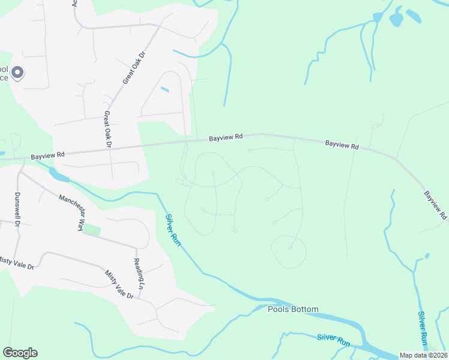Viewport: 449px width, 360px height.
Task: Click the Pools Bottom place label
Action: (x=293, y=310)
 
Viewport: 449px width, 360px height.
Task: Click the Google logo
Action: (x=20, y=353)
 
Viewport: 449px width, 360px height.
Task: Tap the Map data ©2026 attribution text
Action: (x=423, y=355)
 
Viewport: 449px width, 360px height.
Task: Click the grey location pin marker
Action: (x=17, y=73)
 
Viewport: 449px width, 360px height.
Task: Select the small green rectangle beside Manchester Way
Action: (x=92, y=229)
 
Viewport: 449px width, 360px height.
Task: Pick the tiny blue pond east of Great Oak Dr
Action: (x=165, y=90)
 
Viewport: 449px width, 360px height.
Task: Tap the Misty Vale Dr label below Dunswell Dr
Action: (x=17, y=262)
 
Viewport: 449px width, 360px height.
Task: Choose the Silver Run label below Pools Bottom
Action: (x=333, y=340)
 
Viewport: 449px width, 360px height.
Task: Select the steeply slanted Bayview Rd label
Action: (x=436, y=205)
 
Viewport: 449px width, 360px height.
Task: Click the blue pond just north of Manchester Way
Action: (x=59, y=176)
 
